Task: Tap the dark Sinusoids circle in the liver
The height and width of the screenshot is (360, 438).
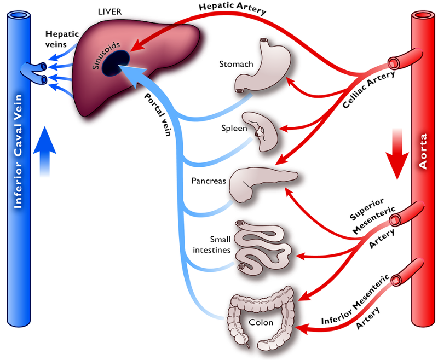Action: click(x=116, y=63)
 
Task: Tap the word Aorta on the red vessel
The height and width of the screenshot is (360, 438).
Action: click(x=424, y=161)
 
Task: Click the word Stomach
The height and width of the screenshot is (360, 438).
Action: click(x=236, y=64)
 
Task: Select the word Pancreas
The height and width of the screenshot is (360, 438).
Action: click(x=209, y=181)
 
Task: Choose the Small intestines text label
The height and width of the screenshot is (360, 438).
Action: click(x=215, y=244)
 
